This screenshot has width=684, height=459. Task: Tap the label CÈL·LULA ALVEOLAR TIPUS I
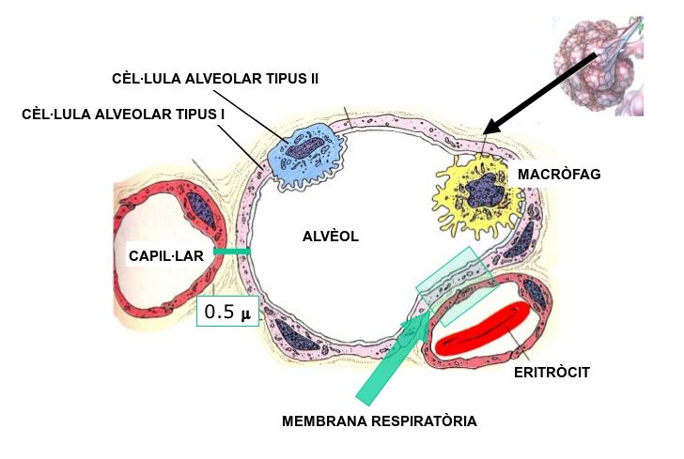tap(123, 115)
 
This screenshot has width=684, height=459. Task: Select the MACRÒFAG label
tap(559, 175)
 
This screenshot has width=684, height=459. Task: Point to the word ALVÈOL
tap(331, 237)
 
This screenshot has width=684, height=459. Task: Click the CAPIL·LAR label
tap(165, 253)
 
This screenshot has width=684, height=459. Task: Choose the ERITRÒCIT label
tap(552, 373)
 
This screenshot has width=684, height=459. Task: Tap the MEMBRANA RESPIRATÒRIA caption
tap(380, 421)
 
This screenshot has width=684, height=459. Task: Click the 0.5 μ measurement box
tap(227, 312)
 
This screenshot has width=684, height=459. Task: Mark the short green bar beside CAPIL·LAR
tap(231, 252)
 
